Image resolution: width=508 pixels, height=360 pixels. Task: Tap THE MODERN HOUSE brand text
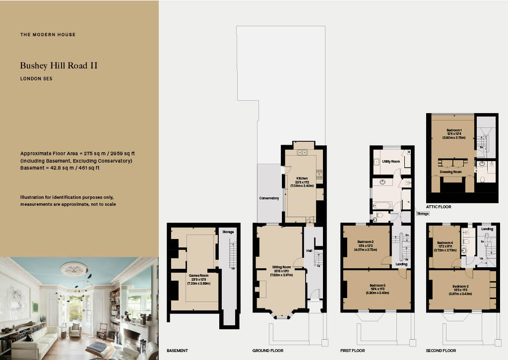pos(48,35)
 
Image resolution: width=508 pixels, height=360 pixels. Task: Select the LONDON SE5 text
pos(36,78)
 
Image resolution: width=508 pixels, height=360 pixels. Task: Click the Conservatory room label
pos(269,198)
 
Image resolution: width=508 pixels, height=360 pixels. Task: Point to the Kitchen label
pos(302,179)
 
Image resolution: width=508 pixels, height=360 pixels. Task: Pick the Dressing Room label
pos(450,172)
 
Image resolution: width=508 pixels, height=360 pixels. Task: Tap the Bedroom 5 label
pos(378,286)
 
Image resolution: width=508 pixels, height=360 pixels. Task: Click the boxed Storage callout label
pos(423,213)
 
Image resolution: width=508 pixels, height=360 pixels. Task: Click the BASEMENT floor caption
pos(177,351)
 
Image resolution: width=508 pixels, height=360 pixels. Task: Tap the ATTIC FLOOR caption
pos(439,206)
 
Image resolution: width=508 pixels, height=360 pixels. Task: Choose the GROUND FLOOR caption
pos(267,351)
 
